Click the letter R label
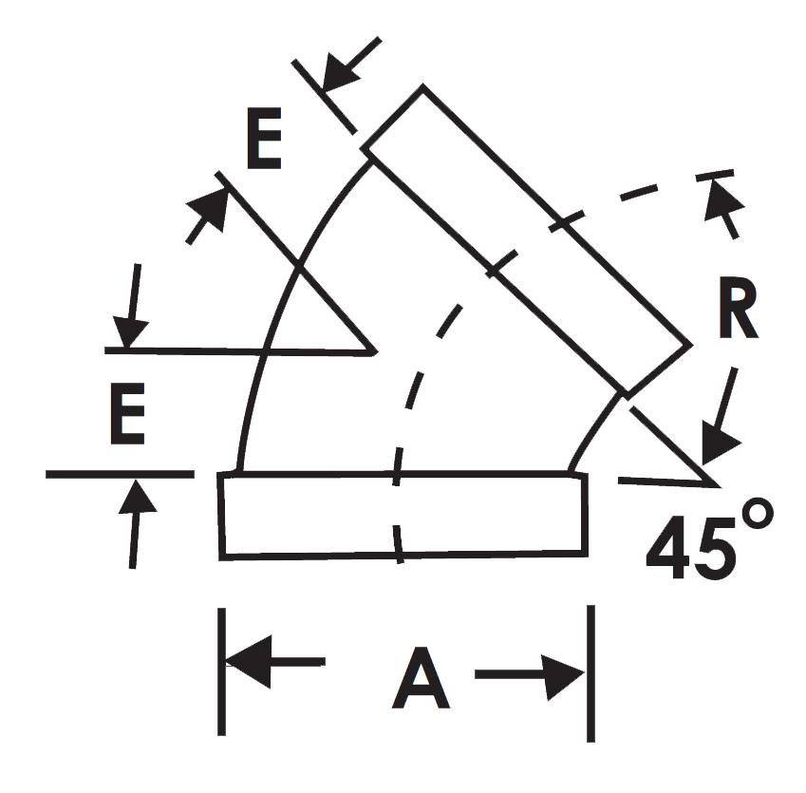point(739,308)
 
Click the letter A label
point(421,678)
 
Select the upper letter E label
point(264,139)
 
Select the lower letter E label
point(127,413)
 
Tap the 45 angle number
point(690,546)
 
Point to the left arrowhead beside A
point(249,661)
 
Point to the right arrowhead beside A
point(565,676)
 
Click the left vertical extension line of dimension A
point(221,671)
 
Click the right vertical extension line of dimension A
point(591,673)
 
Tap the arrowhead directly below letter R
point(718,443)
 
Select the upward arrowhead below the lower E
point(137,497)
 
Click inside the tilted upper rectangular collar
point(526,240)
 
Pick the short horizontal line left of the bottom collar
point(120,474)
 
